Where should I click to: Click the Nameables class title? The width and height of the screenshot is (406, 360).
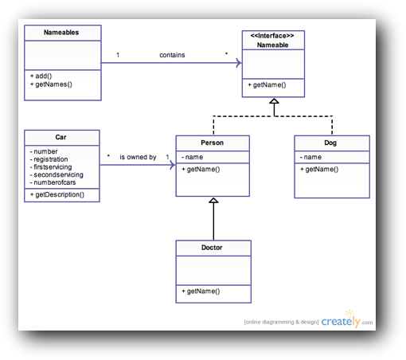(61, 33)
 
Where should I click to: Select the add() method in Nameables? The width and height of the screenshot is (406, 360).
(41, 76)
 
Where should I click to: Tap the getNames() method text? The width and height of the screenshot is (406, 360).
(51, 84)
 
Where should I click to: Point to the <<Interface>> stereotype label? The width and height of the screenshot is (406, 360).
(272, 36)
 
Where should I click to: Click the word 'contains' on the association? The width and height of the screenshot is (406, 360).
(172, 55)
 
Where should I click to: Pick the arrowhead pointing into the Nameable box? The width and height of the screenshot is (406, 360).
(239, 63)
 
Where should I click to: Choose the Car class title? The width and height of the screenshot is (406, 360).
(61, 137)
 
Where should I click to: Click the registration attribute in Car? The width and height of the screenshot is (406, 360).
(49, 159)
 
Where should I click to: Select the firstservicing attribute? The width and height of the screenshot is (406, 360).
(51, 167)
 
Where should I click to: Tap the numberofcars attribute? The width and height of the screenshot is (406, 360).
(53, 182)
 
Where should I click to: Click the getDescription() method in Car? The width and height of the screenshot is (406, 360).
(57, 194)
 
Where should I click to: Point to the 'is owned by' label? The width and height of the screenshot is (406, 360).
(138, 157)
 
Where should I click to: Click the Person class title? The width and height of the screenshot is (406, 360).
(213, 143)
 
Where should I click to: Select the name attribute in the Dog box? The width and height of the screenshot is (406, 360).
(310, 157)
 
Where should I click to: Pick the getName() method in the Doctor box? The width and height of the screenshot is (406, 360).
(201, 292)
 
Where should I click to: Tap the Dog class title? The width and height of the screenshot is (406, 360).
(330, 143)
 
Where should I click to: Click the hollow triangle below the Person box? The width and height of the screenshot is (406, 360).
(213, 201)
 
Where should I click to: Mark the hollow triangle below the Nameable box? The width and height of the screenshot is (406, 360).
(274, 101)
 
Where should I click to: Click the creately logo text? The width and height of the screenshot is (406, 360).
(341, 322)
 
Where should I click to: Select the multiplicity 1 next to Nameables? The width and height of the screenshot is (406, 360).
(118, 55)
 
